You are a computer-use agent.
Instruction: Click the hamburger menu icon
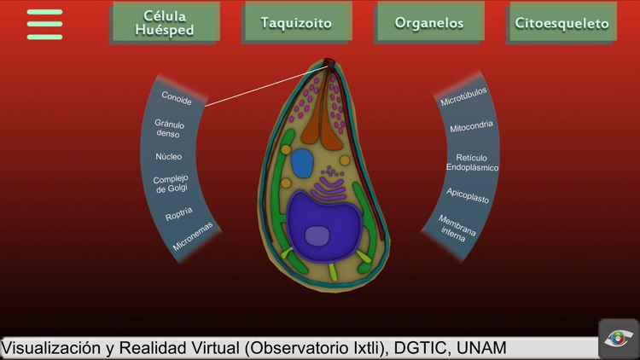coord(44,24)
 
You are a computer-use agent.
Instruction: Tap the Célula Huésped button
coord(164,23)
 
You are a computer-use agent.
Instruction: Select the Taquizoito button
coord(296,23)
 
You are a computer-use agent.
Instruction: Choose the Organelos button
coord(429,23)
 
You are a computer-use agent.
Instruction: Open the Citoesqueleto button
coord(561,23)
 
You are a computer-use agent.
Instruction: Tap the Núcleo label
coord(168,156)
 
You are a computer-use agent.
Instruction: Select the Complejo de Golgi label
coord(171,183)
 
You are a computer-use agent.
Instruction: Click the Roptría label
coord(179,214)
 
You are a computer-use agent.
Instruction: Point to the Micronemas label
coord(192,238)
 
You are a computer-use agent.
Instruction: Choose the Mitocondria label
coord(471,127)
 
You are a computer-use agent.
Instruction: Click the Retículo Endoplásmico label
coord(472,162)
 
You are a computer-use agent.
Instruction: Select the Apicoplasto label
coord(468,195)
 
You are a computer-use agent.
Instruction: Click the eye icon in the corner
coord(618,339)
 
